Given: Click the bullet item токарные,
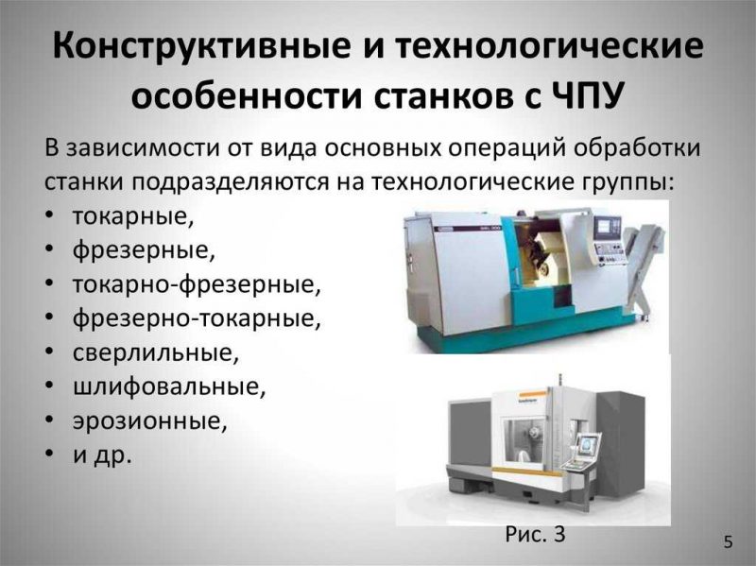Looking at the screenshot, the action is click(x=133, y=216).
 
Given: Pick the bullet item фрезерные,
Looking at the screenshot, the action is click(x=144, y=250).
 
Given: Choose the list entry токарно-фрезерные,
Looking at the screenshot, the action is click(x=197, y=284).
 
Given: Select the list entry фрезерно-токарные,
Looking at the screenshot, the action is click(x=197, y=318).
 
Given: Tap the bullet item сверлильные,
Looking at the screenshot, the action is click(x=156, y=352).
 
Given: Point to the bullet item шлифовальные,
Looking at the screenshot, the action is click(x=169, y=387).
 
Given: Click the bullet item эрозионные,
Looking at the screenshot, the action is click(x=150, y=421).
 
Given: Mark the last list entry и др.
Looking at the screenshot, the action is click(x=102, y=455).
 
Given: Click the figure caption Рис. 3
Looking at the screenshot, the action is click(x=535, y=534).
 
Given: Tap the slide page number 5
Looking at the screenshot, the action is click(x=728, y=541).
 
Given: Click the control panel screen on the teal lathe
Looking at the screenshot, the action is click(x=604, y=227).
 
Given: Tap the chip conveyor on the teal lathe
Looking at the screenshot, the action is click(x=644, y=267).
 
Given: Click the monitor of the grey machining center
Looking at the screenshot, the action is click(x=587, y=444).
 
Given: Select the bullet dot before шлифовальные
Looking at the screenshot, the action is click(x=50, y=386).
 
